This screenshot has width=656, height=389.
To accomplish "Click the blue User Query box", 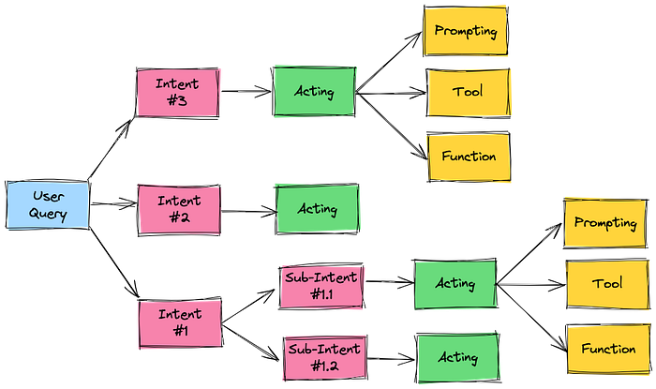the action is point(48,205).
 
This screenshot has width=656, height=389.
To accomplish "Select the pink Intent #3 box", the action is point(178,92).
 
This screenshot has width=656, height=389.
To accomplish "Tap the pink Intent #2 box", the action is point(179,208).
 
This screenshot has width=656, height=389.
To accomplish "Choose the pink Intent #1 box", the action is point(179,323).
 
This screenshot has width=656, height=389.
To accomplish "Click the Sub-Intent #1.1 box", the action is point(321,285).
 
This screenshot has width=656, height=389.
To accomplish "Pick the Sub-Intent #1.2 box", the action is point(323,357).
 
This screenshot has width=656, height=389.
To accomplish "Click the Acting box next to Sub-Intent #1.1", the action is point(455,283).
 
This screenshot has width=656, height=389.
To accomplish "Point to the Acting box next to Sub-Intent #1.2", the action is point(457,356).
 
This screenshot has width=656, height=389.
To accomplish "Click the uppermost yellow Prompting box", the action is point(466,31).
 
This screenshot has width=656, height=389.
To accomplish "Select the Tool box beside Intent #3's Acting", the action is point(469,93).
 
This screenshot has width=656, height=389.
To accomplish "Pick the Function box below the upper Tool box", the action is point(469,156).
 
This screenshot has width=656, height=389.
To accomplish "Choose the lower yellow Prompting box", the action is point(605,222).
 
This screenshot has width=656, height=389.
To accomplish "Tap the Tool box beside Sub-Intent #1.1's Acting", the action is point(607,283).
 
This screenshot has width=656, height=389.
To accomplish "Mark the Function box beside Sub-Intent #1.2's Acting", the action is point(607,349).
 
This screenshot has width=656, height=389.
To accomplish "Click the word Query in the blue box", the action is point(48,215).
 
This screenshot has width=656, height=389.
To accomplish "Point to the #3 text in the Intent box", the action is point(178,101).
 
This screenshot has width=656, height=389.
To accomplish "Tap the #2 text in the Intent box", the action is point(179,217).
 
